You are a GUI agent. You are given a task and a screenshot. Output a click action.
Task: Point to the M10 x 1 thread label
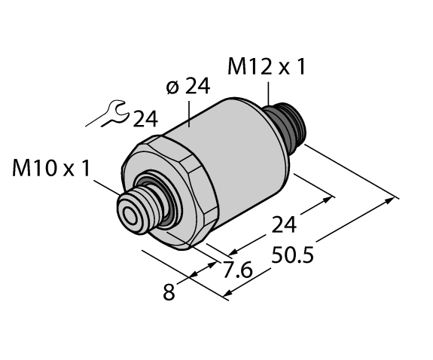pos(50,168)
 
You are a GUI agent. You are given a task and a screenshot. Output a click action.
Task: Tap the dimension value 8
pos(169,291)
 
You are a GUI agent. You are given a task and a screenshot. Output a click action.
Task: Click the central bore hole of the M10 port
pos(133,214)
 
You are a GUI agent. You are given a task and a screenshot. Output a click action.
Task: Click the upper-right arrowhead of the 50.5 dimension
pos(393,200)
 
